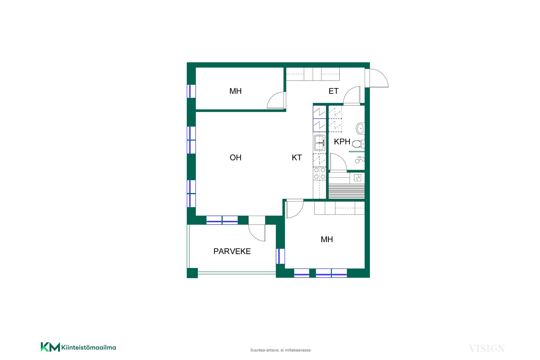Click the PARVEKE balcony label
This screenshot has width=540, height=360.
(x=232, y=251)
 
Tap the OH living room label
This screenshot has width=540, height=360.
(x=236, y=158)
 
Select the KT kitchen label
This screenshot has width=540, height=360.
(x=297, y=158)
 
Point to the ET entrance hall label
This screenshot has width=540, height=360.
(x=334, y=91)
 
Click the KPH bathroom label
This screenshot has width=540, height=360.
(x=342, y=142)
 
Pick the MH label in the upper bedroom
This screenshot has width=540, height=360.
(x=235, y=91)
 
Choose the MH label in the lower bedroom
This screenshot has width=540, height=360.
(x=327, y=239)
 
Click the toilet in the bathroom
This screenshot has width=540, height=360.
(x=358, y=144)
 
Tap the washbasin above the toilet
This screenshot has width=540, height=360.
(x=360, y=129)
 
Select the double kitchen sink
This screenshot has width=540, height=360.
(x=319, y=143)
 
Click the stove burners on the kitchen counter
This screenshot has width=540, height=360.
(x=319, y=173)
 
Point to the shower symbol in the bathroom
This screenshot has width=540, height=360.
(x=360, y=160)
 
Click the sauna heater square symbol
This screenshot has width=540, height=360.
(x=357, y=178)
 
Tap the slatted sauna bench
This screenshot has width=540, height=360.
(x=346, y=191)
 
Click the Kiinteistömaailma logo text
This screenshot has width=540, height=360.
(x=89, y=348)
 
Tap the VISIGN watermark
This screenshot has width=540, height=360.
(x=487, y=348)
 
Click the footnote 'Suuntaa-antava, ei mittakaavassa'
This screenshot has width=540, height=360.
(x=280, y=350)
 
